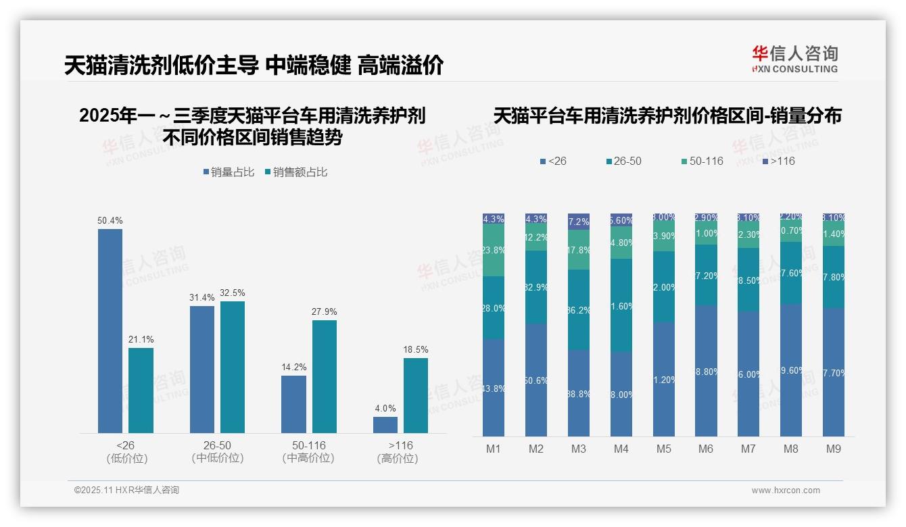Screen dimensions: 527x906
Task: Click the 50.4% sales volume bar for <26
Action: (110, 331)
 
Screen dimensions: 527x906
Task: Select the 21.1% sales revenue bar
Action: (141, 390)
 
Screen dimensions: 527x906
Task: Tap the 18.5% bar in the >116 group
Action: (416, 395)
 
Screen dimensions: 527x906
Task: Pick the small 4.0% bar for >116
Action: (385, 425)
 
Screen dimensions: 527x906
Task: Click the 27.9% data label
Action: (325, 311)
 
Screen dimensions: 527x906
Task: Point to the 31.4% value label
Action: (202, 297)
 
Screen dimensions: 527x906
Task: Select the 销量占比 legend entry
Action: (229, 172)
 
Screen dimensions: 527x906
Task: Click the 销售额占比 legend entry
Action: (296, 172)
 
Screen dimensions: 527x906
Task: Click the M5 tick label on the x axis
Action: (664, 449)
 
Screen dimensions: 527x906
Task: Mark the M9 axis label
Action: (834, 449)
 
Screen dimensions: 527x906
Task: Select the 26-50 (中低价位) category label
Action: (217, 452)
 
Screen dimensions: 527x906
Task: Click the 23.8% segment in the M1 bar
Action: (494, 250)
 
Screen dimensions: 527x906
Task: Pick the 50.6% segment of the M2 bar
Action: (536, 380)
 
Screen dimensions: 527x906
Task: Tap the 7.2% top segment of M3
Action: (579, 222)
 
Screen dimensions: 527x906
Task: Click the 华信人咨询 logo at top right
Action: (794, 58)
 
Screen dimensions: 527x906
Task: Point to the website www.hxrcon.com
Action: (786, 491)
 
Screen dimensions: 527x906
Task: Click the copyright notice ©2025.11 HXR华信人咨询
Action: (126, 491)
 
